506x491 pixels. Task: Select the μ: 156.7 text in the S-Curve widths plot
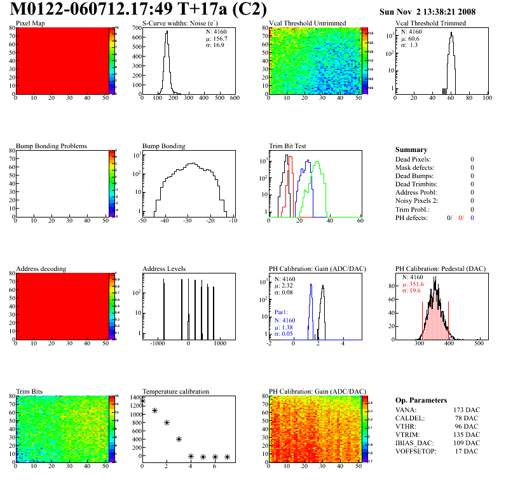217,38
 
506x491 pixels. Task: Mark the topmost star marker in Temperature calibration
142,401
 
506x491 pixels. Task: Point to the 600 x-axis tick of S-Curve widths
235,99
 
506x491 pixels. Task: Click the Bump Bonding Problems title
51,146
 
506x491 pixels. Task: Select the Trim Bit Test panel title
288,146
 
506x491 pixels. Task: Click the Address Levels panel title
164,268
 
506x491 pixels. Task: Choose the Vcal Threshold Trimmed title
430,23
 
